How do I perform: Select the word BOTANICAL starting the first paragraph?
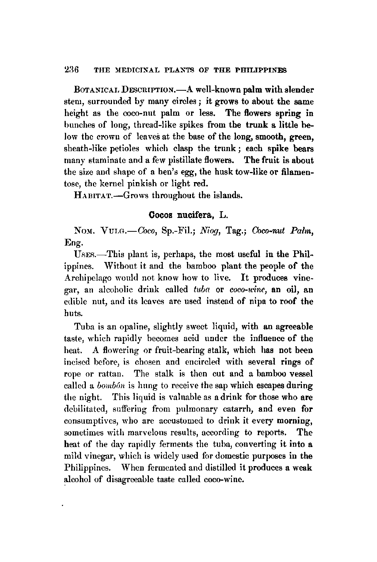tap(96, 90)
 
